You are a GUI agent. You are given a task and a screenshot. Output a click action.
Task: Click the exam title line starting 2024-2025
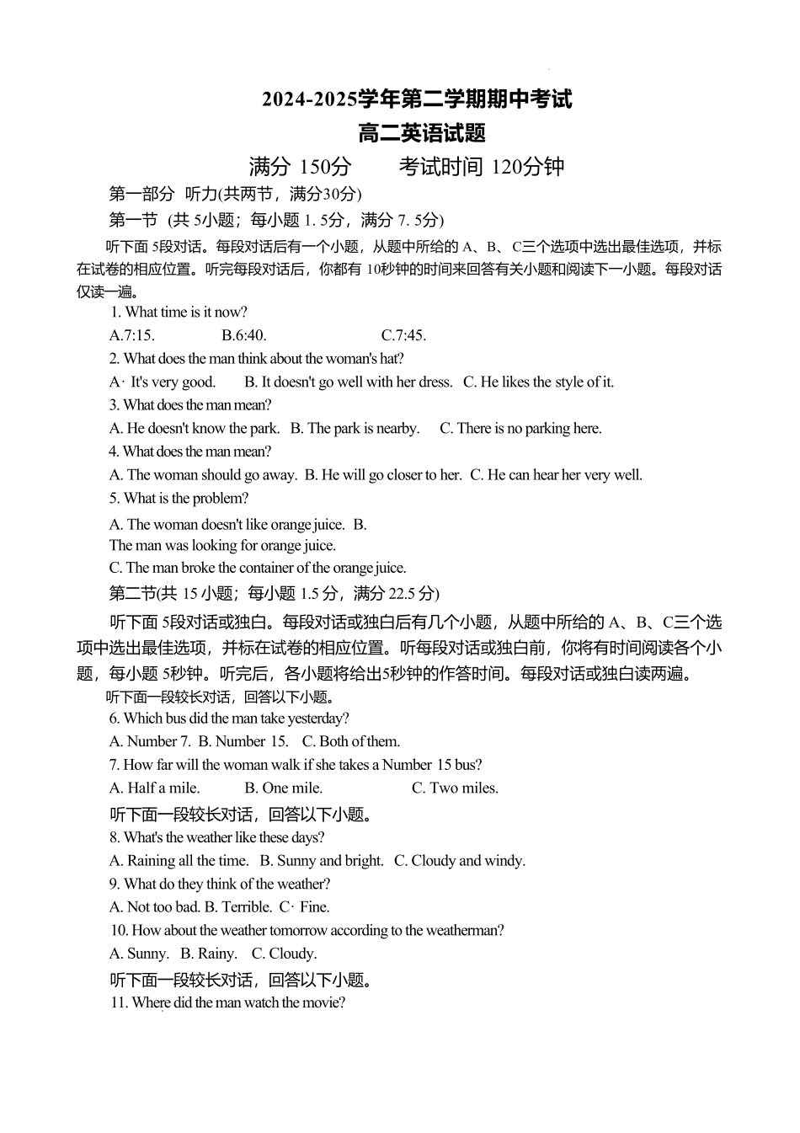[417, 99]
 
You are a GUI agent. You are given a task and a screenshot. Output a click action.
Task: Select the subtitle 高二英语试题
[422, 133]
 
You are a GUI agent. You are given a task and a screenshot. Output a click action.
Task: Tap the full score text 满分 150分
[300, 167]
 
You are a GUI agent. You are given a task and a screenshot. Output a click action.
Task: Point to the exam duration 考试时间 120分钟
[482, 167]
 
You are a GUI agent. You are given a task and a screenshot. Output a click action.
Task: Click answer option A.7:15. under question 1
[132, 335]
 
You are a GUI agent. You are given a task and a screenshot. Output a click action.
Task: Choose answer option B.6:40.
[244, 335]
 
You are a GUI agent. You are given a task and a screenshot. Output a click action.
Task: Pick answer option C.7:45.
[403, 335]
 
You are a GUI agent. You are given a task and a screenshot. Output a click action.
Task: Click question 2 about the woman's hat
[257, 358]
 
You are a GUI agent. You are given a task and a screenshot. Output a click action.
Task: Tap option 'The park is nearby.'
[355, 428]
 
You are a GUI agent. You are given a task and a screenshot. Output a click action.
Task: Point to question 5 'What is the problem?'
[179, 498]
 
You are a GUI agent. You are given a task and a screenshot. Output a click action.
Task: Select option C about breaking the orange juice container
[258, 568]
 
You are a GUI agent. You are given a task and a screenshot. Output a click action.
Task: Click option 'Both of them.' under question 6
[351, 741]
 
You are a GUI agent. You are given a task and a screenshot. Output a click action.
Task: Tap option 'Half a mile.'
[155, 788]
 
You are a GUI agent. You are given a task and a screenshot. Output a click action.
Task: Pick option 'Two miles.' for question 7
[455, 788]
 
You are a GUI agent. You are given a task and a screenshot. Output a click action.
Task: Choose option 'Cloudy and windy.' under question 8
[460, 860]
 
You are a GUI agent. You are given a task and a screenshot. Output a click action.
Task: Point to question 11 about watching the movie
[227, 1002]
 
